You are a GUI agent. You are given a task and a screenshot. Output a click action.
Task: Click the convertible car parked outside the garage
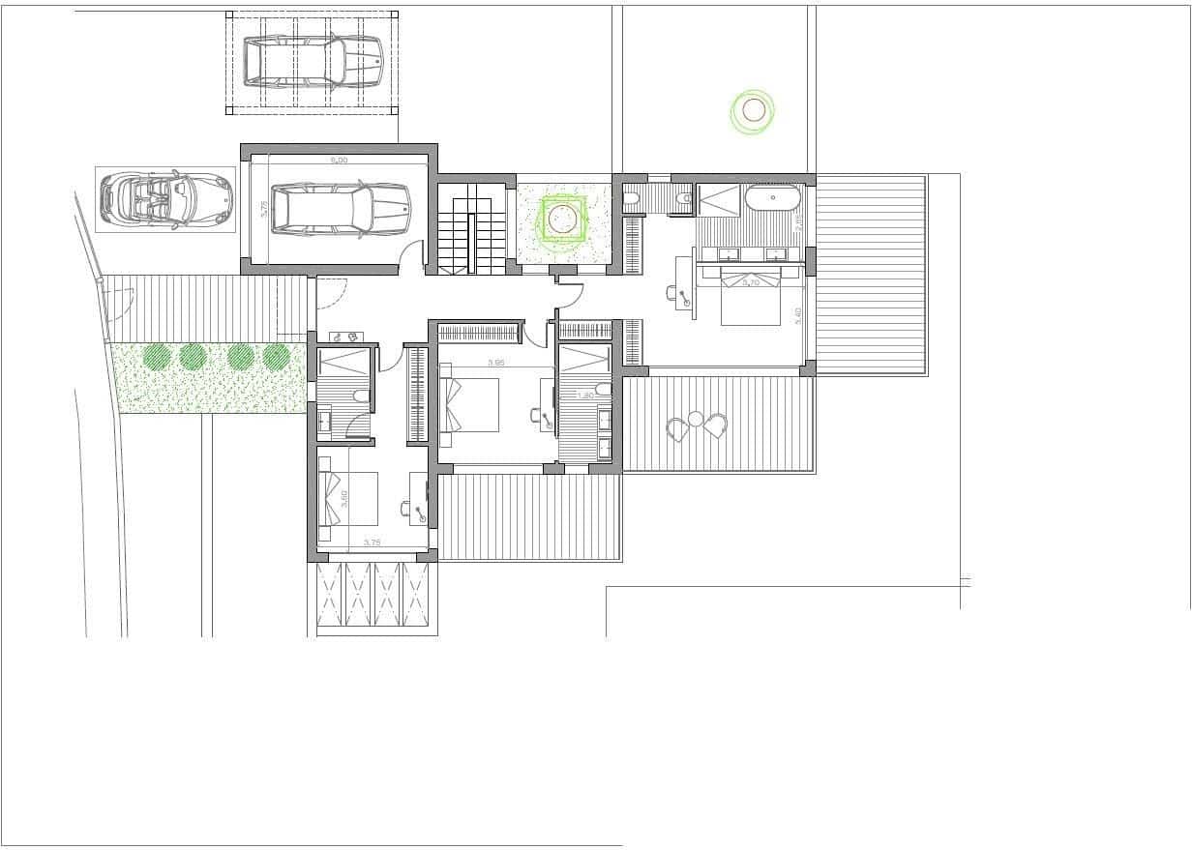click(166, 198)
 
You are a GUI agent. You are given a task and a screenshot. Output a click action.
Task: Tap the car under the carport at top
click(313, 60)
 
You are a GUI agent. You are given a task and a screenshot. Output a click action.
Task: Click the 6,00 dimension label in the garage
click(339, 161)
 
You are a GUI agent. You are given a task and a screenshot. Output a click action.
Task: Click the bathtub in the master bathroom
click(771, 199)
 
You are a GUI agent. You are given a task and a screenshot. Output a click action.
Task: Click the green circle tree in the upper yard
click(753, 111)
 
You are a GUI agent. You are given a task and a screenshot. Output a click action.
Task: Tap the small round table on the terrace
click(696, 420)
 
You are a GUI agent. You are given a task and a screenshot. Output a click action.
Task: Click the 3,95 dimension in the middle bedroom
click(496, 364)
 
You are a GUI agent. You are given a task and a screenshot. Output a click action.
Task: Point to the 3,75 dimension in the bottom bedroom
click(372, 542)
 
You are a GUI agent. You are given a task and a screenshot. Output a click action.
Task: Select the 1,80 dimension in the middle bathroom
click(584, 395)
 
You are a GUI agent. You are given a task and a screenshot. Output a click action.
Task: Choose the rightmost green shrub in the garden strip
click(276, 357)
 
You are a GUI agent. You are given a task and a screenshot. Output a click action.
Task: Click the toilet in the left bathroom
click(359, 396)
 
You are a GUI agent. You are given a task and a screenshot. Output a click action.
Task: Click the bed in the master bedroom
click(751, 297)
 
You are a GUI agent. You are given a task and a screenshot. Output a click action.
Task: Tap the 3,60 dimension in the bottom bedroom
click(343, 500)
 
